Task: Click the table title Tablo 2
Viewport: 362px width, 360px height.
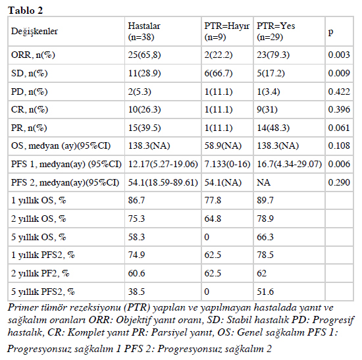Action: click(x=26, y=11)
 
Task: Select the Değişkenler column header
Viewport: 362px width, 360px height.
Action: click(x=34, y=32)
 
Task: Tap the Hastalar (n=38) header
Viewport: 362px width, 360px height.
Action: click(x=144, y=32)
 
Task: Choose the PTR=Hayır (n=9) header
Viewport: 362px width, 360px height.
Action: click(x=227, y=32)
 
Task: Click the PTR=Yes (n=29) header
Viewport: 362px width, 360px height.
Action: click(x=276, y=32)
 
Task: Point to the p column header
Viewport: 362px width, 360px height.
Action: click(x=331, y=32)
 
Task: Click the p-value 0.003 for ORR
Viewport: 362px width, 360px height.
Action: click(x=339, y=55)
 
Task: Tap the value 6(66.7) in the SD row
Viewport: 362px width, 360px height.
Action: click(x=219, y=74)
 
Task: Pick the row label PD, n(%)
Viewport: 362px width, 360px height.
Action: click(x=30, y=92)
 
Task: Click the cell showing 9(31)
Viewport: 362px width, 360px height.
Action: click(x=267, y=109)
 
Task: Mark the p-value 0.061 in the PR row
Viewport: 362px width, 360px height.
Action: click(x=339, y=128)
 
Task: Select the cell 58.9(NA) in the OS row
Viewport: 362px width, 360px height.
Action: click(x=222, y=145)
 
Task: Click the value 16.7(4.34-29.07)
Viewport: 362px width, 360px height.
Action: click(x=290, y=164)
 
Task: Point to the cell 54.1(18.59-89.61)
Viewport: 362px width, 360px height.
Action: click(x=163, y=183)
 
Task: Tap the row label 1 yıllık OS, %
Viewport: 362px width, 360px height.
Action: click(x=39, y=201)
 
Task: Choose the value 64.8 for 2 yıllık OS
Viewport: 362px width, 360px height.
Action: click(x=213, y=219)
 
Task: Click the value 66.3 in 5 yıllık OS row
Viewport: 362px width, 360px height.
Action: click(x=265, y=237)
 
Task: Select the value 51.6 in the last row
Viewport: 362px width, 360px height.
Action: click(x=265, y=292)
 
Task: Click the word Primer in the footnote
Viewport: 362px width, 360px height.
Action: click(x=22, y=307)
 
